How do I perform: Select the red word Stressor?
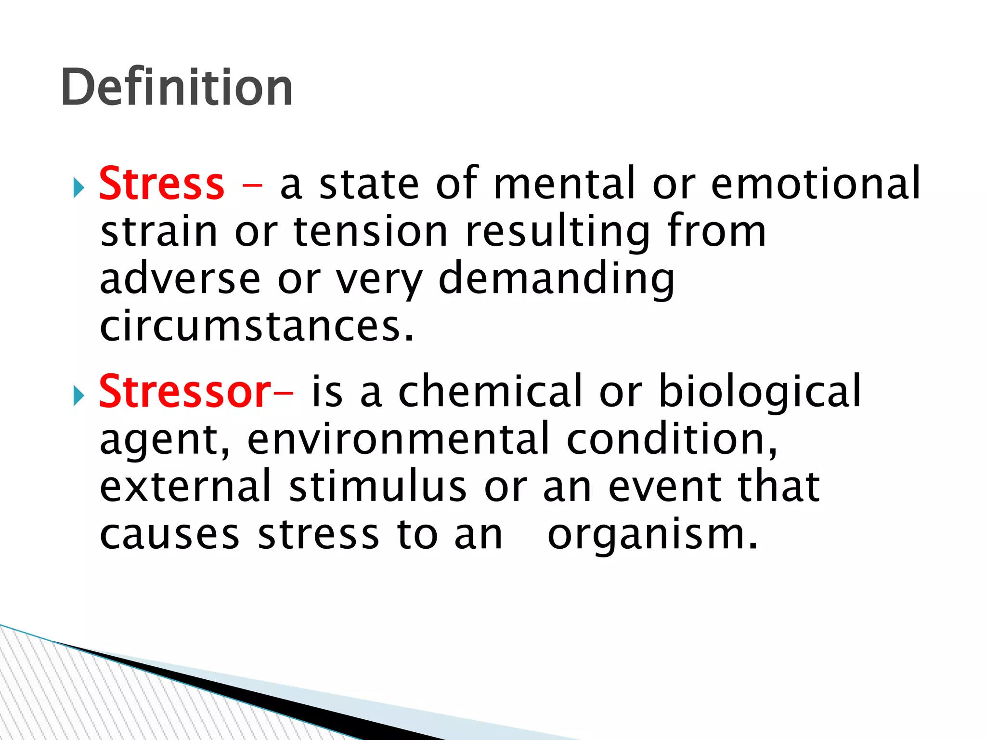(185, 392)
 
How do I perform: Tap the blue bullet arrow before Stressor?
(79, 396)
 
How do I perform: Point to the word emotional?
(816, 184)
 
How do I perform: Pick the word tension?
(371, 232)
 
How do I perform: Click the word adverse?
(180, 279)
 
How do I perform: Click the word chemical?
(491, 392)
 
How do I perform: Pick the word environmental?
(398, 439)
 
